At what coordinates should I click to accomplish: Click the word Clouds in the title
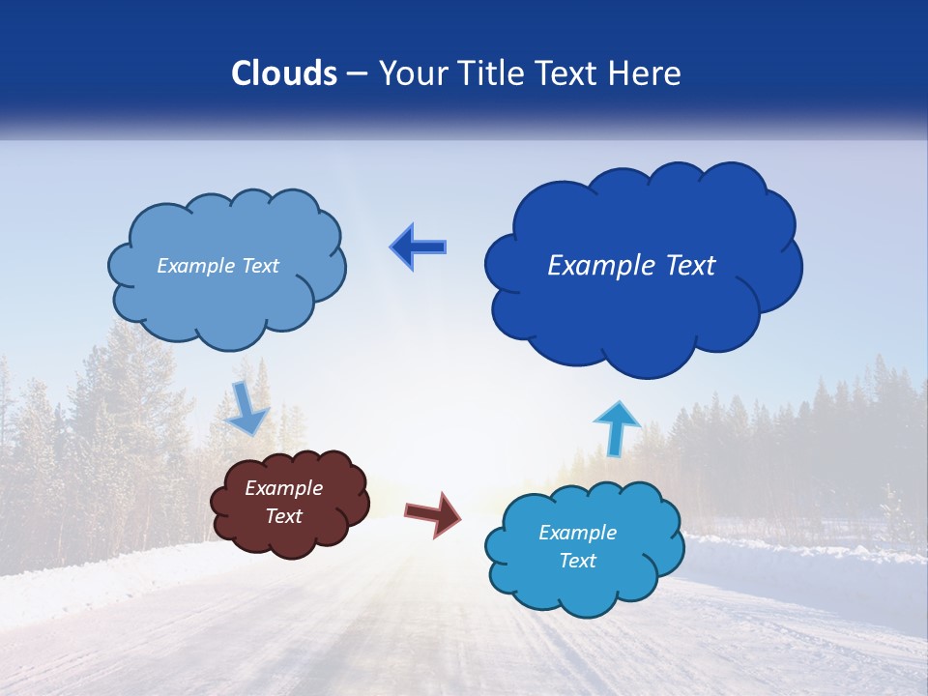284,73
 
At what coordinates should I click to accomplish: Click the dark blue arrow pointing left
419,247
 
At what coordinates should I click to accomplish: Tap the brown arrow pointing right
434,513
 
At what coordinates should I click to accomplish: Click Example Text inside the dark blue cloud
631,266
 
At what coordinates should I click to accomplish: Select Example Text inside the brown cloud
284,502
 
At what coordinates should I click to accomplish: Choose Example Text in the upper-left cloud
217,266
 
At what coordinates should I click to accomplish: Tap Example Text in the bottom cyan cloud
577,546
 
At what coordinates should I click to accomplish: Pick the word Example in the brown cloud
284,488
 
